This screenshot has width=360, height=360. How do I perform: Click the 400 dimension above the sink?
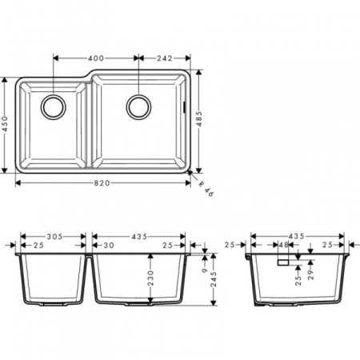[96, 58]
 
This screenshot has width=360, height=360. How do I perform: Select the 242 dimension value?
[164, 58]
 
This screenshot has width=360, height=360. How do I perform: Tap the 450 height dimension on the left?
[6, 126]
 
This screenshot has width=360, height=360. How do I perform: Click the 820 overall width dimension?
[102, 183]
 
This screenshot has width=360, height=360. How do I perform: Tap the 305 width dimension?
[53, 237]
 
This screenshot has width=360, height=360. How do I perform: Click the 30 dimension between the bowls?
[108, 245]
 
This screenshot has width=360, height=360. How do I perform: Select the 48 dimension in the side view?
[283, 245]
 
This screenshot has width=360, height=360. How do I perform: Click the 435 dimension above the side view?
[296, 237]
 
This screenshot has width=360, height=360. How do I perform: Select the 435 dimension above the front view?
[138, 237]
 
